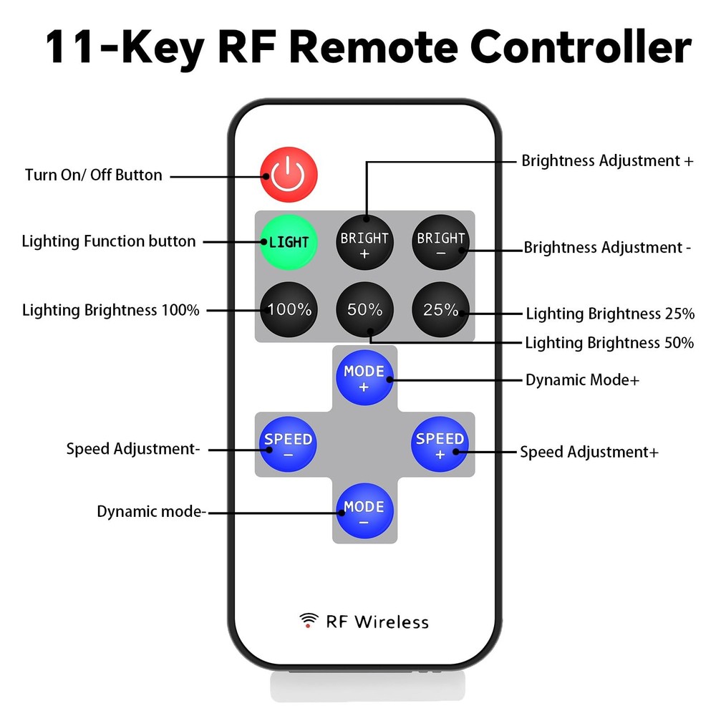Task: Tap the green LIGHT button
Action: [x=289, y=242]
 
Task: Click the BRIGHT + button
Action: [x=364, y=243]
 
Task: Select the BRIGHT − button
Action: [x=440, y=243]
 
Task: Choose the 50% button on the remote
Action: [x=364, y=310]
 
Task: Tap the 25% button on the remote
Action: [x=440, y=310]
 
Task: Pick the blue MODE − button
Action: [x=364, y=513]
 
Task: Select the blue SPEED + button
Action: [x=440, y=445]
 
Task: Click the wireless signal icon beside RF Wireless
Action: [x=309, y=620]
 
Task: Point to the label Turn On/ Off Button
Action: [x=94, y=175]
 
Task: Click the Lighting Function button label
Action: [x=109, y=241]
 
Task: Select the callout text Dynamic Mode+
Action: [x=582, y=380]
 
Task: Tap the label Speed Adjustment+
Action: [x=589, y=452]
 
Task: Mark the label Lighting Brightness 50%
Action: [x=609, y=343]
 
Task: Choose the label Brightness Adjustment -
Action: [x=607, y=248]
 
